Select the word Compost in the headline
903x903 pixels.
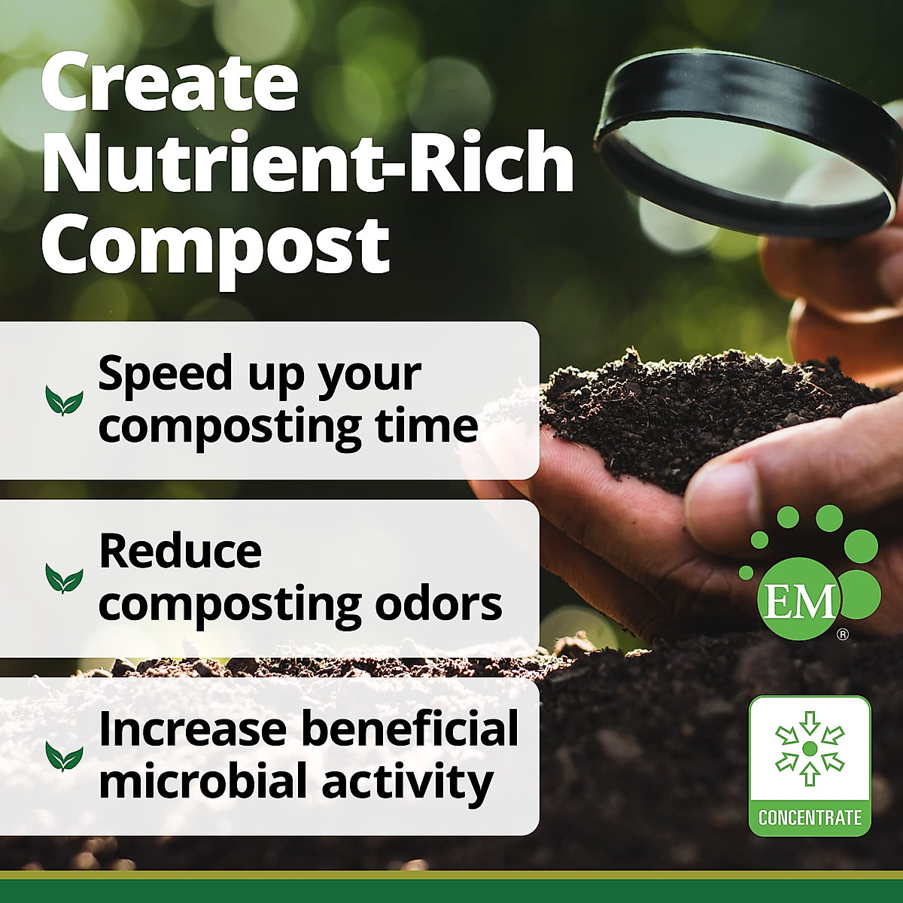coord(215,246)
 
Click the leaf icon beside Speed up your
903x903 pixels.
coord(64,400)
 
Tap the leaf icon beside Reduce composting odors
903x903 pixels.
coord(64,578)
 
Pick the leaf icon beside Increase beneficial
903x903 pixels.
coord(64,756)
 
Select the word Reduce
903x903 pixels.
coord(181,552)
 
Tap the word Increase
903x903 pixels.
coord(193,729)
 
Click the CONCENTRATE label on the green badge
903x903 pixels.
coord(810,817)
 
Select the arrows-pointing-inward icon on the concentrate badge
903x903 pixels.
coord(810,748)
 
